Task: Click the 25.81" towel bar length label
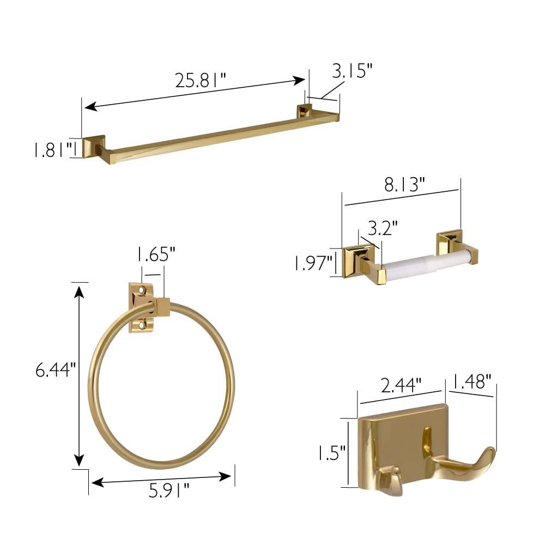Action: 200,81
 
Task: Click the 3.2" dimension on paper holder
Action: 383,226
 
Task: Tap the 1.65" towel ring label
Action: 155,255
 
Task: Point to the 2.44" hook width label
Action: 401,385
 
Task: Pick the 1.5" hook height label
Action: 332,452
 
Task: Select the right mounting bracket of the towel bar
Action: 304,111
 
